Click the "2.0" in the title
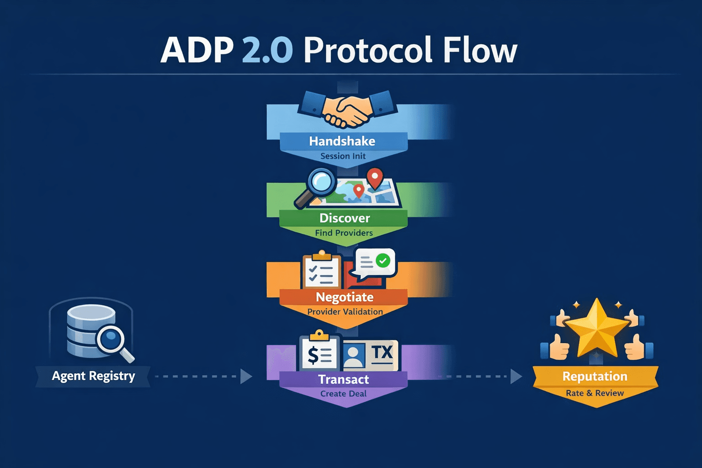(x=267, y=50)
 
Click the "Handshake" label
(x=342, y=141)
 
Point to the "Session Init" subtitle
(x=343, y=156)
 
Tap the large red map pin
(x=375, y=178)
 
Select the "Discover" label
(x=345, y=218)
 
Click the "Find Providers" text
(x=344, y=233)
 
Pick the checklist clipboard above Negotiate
(x=321, y=271)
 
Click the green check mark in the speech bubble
(x=383, y=261)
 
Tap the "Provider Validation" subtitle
(x=345, y=312)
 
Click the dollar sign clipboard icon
(x=319, y=353)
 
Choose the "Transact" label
(x=343, y=379)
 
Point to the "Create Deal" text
(x=343, y=394)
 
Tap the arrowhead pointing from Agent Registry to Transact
(x=246, y=377)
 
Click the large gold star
(x=596, y=329)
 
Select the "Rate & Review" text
(x=595, y=393)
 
